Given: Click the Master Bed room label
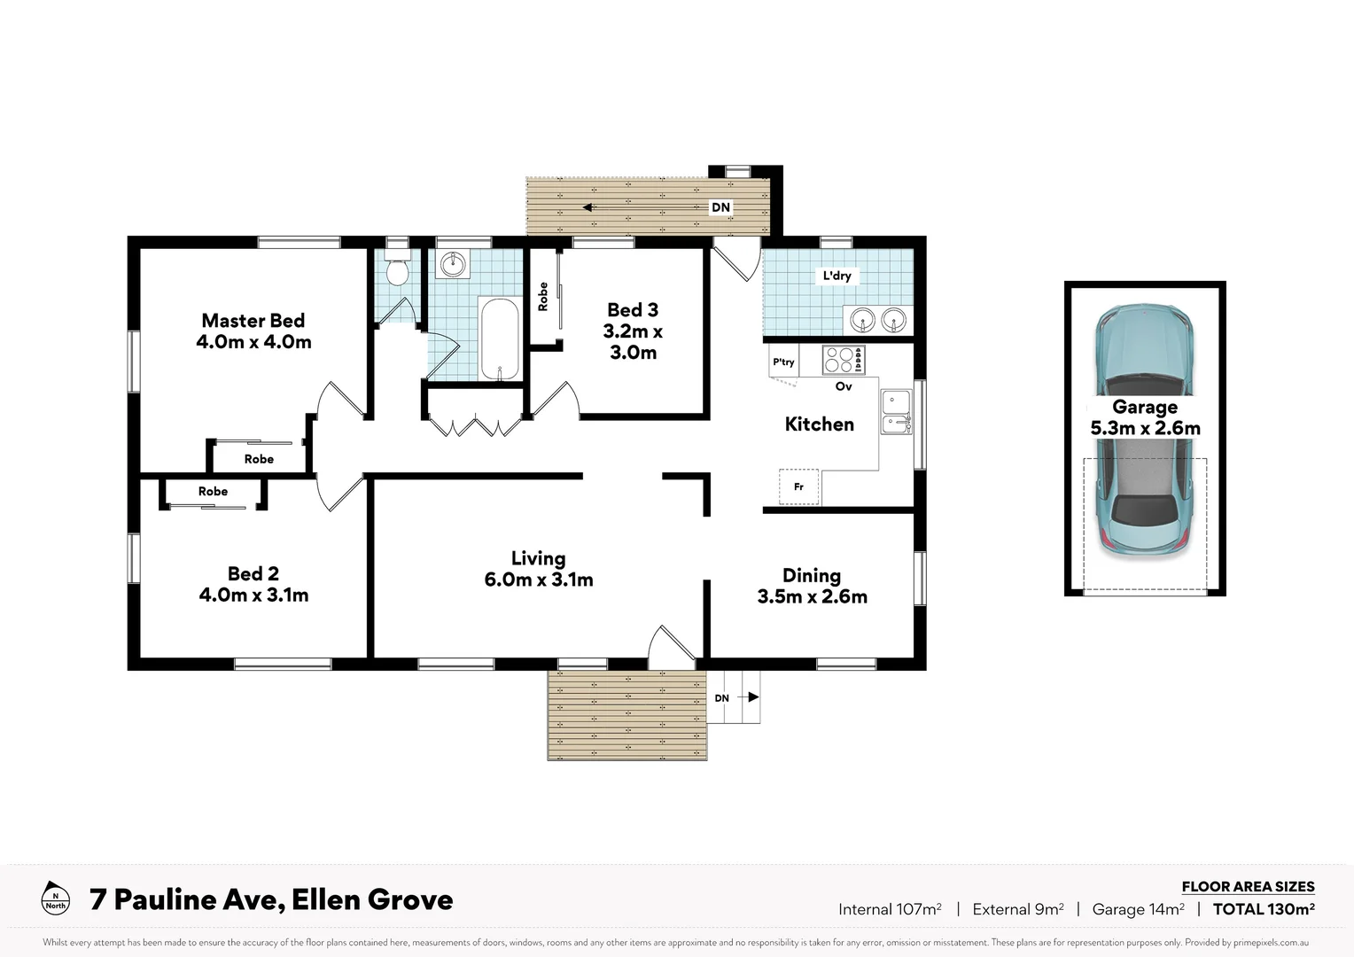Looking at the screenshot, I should [253, 321].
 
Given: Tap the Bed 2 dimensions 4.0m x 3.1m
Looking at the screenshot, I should [253, 595].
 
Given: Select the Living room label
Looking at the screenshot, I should [538, 558].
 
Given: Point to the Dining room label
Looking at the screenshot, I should [811, 575].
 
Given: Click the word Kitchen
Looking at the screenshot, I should [819, 424].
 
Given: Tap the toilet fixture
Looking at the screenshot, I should [397, 269].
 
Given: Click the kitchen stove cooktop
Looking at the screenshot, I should [843, 360].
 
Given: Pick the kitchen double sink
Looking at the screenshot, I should [896, 412].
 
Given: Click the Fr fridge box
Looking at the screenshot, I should [798, 486].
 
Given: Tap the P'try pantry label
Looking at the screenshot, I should [783, 362].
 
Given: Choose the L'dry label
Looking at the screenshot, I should [837, 276].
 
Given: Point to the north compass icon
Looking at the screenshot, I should [55, 898].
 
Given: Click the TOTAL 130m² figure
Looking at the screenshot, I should [1263, 908].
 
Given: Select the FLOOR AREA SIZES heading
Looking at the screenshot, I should [1248, 886].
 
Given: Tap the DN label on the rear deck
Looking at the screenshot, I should [721, 207].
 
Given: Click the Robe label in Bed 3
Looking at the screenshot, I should [543, 297].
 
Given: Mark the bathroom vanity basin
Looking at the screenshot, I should [453, 263].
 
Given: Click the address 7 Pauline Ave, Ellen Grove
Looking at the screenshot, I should [271, 899].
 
